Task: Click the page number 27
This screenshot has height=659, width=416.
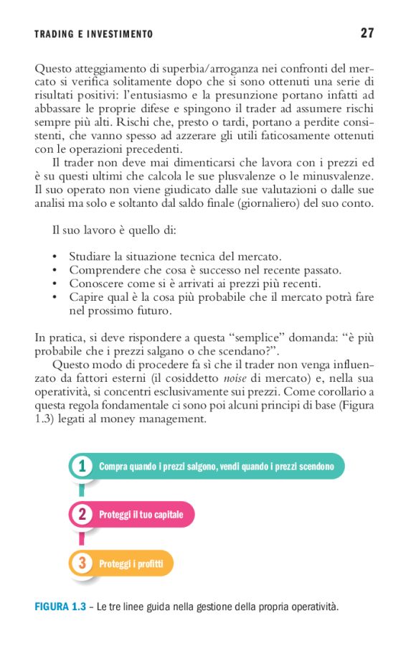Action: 367,33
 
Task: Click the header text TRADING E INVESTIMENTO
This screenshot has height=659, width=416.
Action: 94,34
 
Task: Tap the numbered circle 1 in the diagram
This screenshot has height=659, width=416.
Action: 83,467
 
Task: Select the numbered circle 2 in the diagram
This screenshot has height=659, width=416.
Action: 83,515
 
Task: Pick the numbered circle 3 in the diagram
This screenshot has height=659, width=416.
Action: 83,563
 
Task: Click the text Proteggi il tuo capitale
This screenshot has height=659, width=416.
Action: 141,515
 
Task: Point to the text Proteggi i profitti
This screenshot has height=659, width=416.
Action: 131,564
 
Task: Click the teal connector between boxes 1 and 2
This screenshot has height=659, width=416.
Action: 82,491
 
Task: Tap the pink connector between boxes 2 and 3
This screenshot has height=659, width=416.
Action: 82,538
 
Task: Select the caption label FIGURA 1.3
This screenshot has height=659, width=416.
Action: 60,607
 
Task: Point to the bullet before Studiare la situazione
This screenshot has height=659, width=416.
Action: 55,256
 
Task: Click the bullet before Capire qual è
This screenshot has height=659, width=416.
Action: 55,297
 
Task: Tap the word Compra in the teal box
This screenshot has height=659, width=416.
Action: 113,467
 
